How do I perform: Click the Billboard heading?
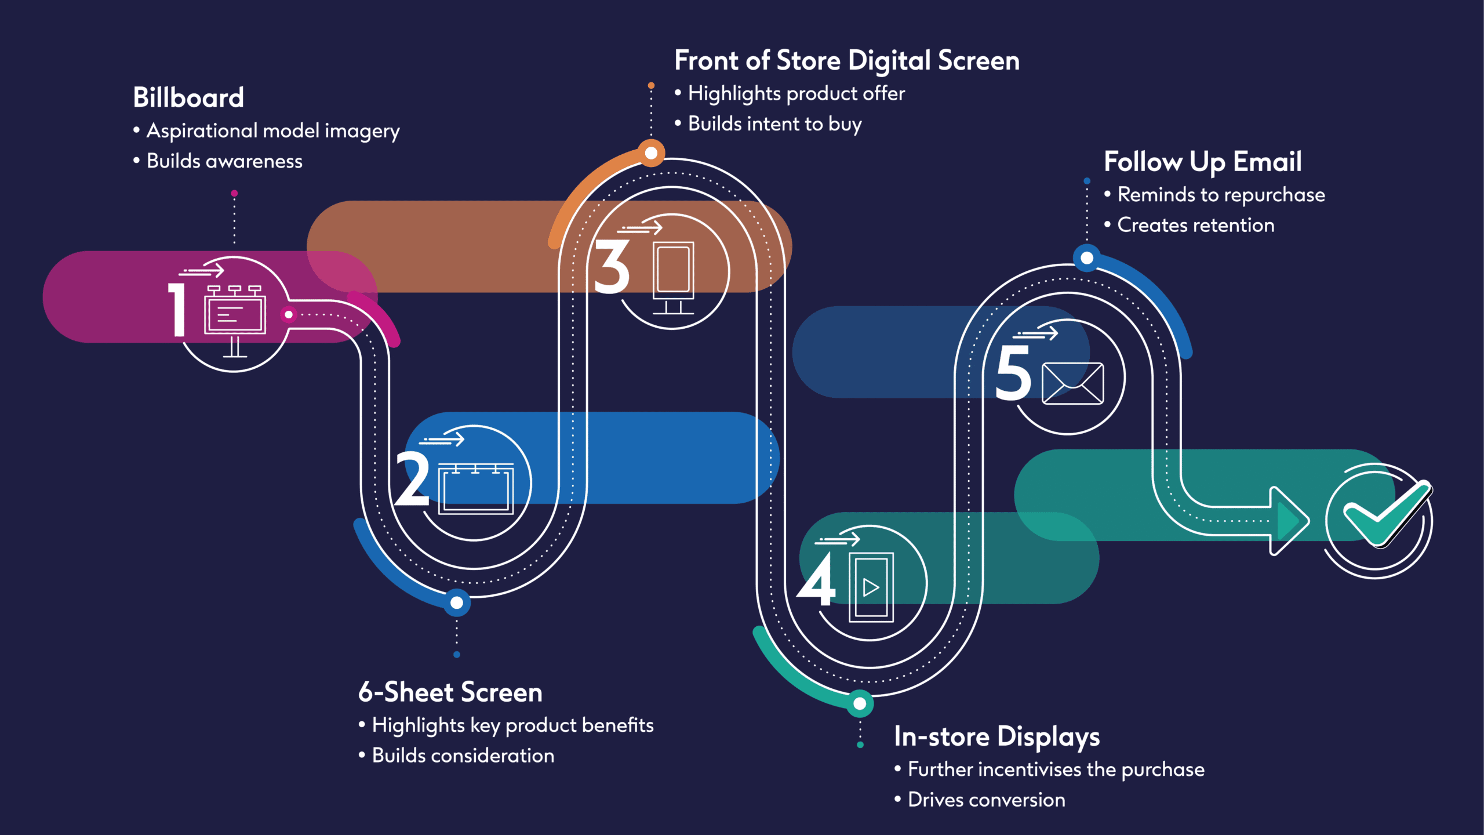(188, 97)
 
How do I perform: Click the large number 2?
(412, 478)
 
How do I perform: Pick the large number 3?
(612, 267)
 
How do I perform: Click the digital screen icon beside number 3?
(673, 275)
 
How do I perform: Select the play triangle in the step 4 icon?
(871, 587)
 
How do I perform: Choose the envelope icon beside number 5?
(1072, 383)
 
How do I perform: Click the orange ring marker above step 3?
(652, 153)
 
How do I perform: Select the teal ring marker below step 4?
(860, 704)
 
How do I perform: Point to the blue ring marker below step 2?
(457, 603)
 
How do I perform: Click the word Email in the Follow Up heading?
(1267, 162)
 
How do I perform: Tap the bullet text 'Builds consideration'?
(463, 756)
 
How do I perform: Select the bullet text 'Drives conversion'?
(986, 800)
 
